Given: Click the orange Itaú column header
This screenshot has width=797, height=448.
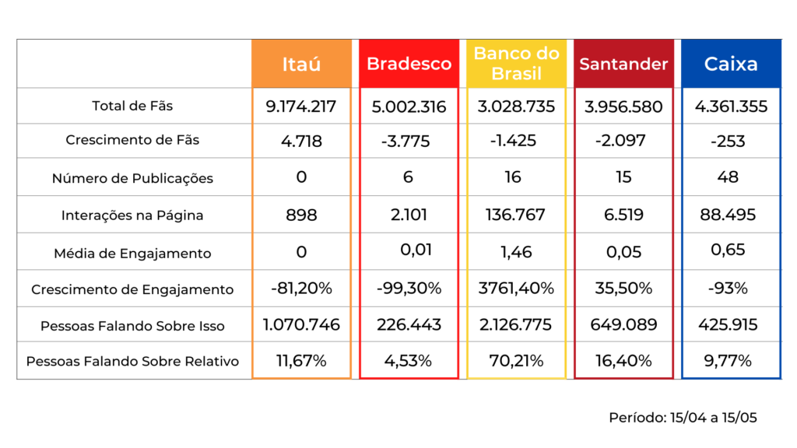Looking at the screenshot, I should point(301,64).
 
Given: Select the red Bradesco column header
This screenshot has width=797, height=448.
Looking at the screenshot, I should point(409,64).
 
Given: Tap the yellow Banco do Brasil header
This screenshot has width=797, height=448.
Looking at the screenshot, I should point(516,64).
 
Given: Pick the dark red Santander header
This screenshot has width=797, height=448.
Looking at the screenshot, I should point(623,64).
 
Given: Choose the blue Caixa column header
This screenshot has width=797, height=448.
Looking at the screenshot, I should point(731,64).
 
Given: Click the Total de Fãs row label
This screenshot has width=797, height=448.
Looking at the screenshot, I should point(132,106).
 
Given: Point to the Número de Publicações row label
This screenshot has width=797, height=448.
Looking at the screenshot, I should point(132,178).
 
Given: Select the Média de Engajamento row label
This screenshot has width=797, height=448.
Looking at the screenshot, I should point(132,253).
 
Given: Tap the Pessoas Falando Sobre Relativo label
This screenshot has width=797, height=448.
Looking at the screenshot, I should point(132,362).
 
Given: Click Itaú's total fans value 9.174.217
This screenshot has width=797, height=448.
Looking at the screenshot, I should point(301,107).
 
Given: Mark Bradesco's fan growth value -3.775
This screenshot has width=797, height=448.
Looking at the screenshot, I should point(409,142).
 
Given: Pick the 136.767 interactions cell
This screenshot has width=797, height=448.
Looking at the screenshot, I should point(516,215).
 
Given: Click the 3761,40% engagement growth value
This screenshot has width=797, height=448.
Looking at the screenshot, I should point(516,289).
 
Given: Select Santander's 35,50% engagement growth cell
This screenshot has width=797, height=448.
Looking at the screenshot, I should point(623,289).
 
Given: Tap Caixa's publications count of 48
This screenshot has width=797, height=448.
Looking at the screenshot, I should point(731,177).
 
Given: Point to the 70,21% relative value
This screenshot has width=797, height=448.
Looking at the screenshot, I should point(516,361).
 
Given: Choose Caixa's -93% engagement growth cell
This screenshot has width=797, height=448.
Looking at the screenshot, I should point(731,289).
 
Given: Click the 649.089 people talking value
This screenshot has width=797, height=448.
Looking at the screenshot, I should point(623,324).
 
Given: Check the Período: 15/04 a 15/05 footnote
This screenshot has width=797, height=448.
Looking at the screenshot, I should point(683,418).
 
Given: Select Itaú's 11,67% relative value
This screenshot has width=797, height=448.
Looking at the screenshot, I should point(301,361).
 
